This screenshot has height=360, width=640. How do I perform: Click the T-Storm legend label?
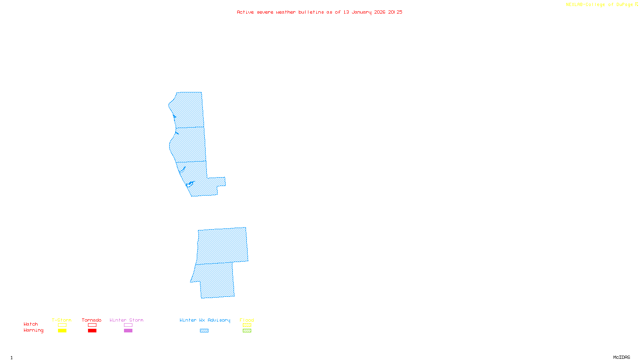(x=62, y=320)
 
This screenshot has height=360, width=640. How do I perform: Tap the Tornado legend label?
(x=92, y=320)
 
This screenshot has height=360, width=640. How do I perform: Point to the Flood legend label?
(x=247, y=320)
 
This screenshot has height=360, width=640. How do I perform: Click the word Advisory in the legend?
(x=219, y=320)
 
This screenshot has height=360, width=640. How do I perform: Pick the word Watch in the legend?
(x=31, y=324)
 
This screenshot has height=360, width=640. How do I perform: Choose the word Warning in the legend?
(x=34, y=330)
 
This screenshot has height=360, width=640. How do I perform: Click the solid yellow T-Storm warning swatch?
(x=62, y=331)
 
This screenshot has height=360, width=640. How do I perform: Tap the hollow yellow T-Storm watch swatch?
(x=62, y=325)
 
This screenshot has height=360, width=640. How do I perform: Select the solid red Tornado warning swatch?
(x=92, y=331)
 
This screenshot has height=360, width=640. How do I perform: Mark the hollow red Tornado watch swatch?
(x=92, y=325)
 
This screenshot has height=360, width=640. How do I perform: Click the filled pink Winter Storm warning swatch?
(x=128, y=331)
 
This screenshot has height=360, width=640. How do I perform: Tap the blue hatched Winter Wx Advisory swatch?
(x=204, y=331)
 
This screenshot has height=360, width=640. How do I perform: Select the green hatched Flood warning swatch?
(x=247, y=331)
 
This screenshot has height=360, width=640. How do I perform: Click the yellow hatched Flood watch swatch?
(x=247, y=325)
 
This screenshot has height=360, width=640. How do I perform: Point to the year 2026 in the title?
(x=380, y=12)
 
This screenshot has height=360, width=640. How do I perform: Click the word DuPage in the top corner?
(x=624, y=5)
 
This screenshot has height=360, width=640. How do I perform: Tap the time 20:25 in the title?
(x=395, y=12)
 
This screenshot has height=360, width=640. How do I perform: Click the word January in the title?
(x=362, y=12)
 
